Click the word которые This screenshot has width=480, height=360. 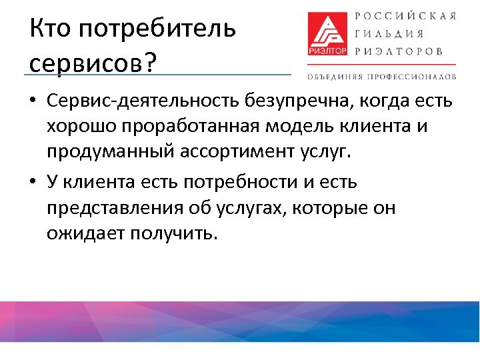[318, 208]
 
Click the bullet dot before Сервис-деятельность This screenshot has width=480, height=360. [33, 102]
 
